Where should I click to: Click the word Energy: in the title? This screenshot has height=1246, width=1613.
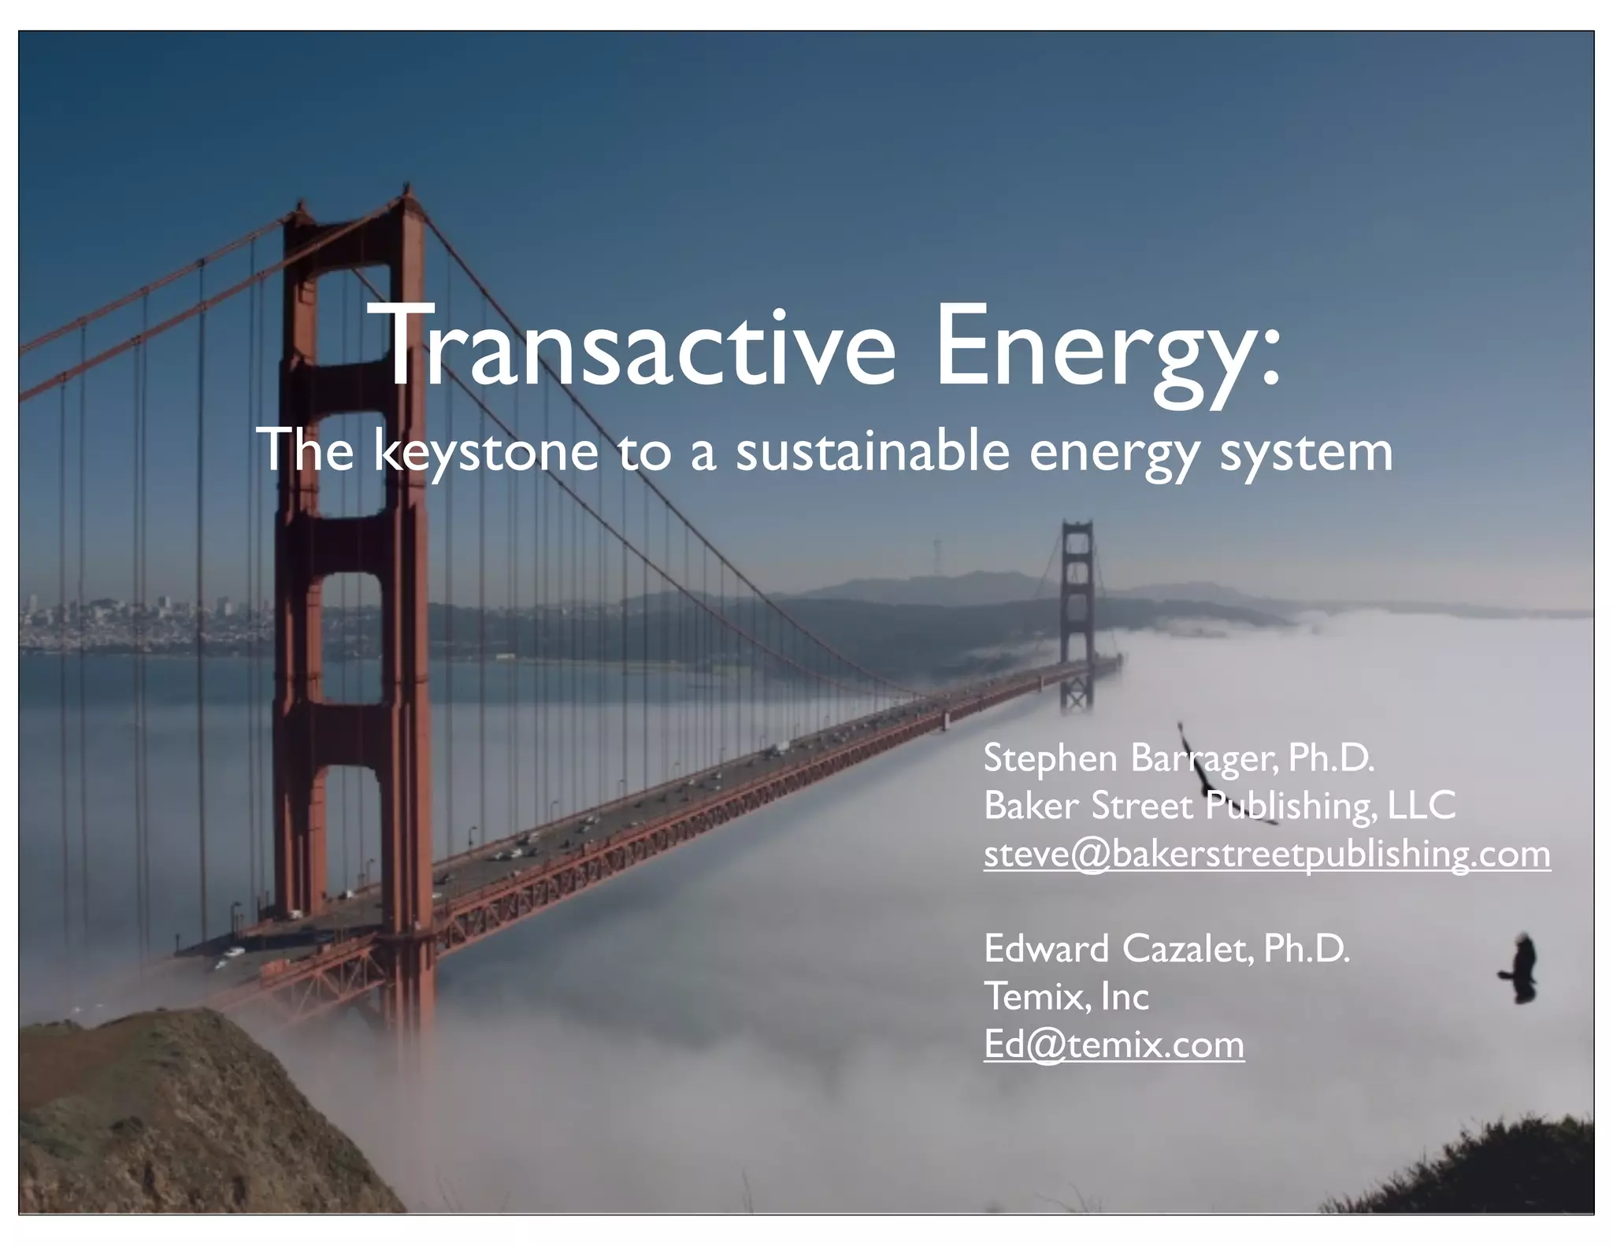pyautogui.click(x=1107, y=350)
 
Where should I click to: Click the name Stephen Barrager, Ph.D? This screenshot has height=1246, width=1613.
pyautogui.click(x=1178, y=758)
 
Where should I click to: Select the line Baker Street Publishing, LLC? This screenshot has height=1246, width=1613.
pyautogui.click(x=1219, y=806)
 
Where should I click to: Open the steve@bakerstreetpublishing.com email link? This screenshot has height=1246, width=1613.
pyautogui.click(x=1266, y=854)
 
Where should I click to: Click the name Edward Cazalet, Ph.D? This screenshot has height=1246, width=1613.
pyautogui.click(x=1166, y=948)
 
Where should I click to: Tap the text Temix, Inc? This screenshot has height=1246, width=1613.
pyautogui.click(x=1066, y=996)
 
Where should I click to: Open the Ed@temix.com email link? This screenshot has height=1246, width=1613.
pyautogui.click(x=1114, y=1045)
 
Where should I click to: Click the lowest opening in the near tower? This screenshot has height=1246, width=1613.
pyautogui.click(x=350, y=835)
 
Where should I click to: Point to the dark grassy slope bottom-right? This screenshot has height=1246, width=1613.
pyautogui.click(x=1496, y=1174)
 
